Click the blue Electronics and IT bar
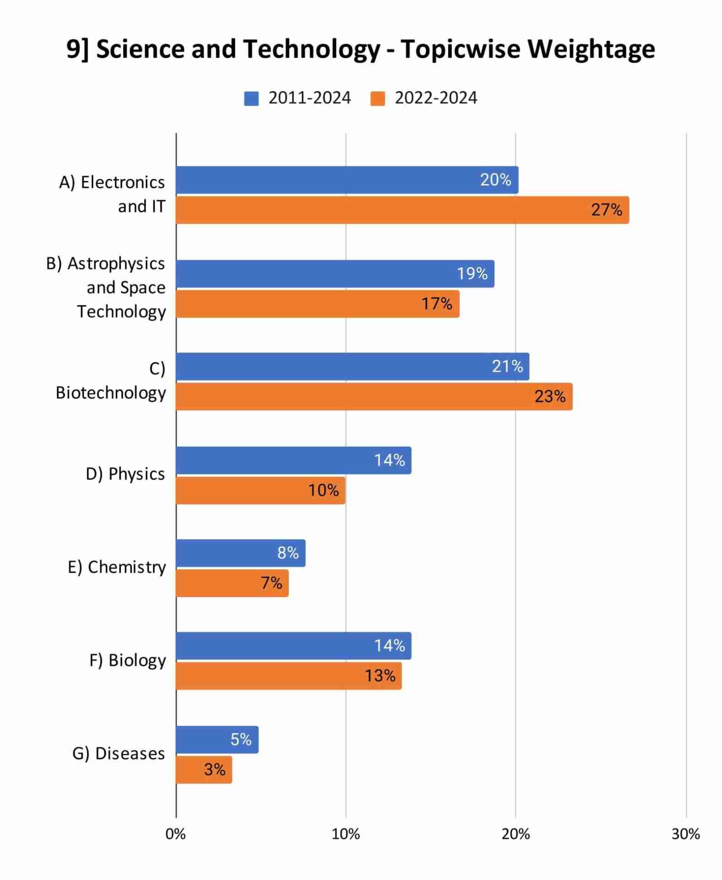[x=347, y=180]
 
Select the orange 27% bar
[x=402, y=210]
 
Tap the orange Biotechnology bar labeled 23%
[x=374, y=397]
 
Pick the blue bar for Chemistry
[x=241, y=553]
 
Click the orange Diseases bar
[x=204, y=770]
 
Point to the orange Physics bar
[x=260, y=491]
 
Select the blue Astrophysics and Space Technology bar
[x=335, y=274]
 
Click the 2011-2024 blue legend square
[x=251, y=99]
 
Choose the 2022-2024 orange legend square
[x=377, y=99]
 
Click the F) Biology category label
[x=127, y=661]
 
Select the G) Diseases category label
[x=119, y=754]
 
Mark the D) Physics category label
[x=125, y=474]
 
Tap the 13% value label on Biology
[x=380, y=676]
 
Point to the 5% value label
[x=241, y=740]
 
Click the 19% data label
[x=472, y=274]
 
